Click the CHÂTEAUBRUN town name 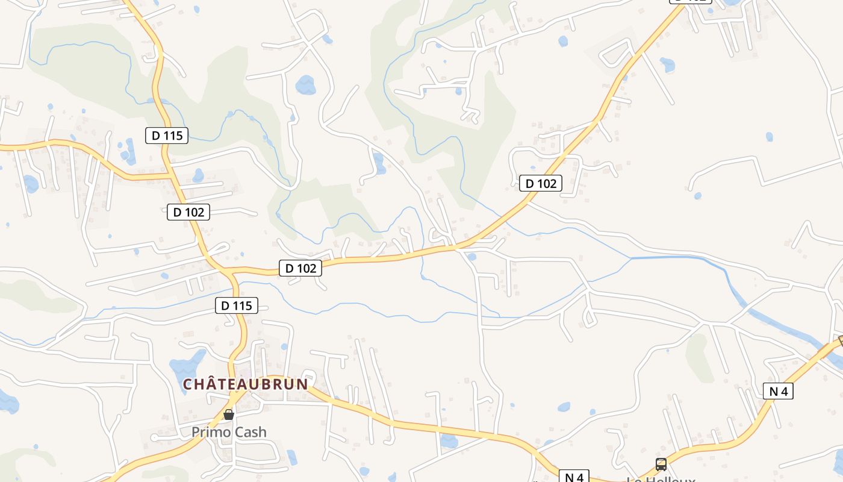[x=246, y=384]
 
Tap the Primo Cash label [x=229, y=432]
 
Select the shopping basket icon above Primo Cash [x=229, y=415]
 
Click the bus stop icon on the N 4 [x=661, y=465]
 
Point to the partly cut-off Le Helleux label [x=661, y=480]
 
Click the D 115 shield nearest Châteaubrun [x=237, y=305]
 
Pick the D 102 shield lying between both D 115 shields [x=188, y=212]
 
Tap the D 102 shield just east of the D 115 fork [x=300, y=268]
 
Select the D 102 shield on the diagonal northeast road [x=541, y=183]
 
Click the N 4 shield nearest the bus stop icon [x=574, y=477]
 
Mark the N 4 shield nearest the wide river [x=778, y=391]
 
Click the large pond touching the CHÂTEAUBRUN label [x=187, y=365]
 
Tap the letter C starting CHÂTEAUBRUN [x=187, y=384]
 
